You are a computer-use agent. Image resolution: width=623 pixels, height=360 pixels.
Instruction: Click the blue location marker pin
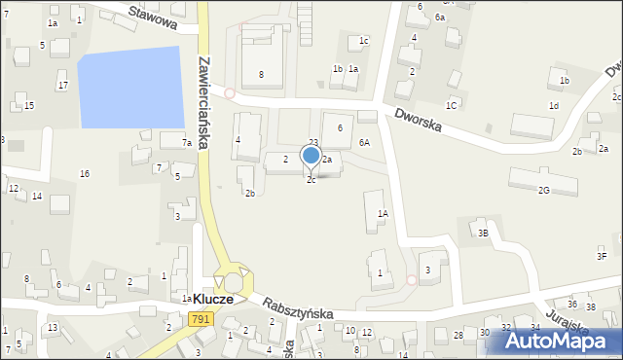(311, 156)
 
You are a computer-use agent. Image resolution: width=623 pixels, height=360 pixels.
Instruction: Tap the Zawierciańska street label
(206, 101)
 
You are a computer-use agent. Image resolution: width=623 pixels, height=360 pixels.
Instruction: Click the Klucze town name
(212, 300)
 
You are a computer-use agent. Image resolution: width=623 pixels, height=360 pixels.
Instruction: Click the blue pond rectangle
(129, 88)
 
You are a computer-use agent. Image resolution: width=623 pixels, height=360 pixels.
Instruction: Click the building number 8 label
(261, 75)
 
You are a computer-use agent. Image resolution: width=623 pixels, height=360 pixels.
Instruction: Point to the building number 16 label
(85, 173)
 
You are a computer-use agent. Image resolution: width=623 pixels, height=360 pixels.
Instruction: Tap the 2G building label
(543, 191)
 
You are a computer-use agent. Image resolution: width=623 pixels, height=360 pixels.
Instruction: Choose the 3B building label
(482, 234)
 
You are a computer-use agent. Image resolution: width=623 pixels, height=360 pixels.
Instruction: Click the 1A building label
(384, 213)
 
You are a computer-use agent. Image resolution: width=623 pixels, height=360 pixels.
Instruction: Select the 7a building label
(186, 143)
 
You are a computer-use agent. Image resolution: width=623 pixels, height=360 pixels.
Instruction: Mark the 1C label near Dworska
(451, 105)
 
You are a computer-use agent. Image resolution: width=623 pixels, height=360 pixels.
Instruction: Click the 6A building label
(364, 142)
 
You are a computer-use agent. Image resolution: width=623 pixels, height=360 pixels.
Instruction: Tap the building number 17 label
(63, 86)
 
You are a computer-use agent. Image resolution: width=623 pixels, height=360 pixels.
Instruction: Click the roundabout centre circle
(234, 282)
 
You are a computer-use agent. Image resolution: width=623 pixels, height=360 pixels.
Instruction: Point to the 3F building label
(602, 256)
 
